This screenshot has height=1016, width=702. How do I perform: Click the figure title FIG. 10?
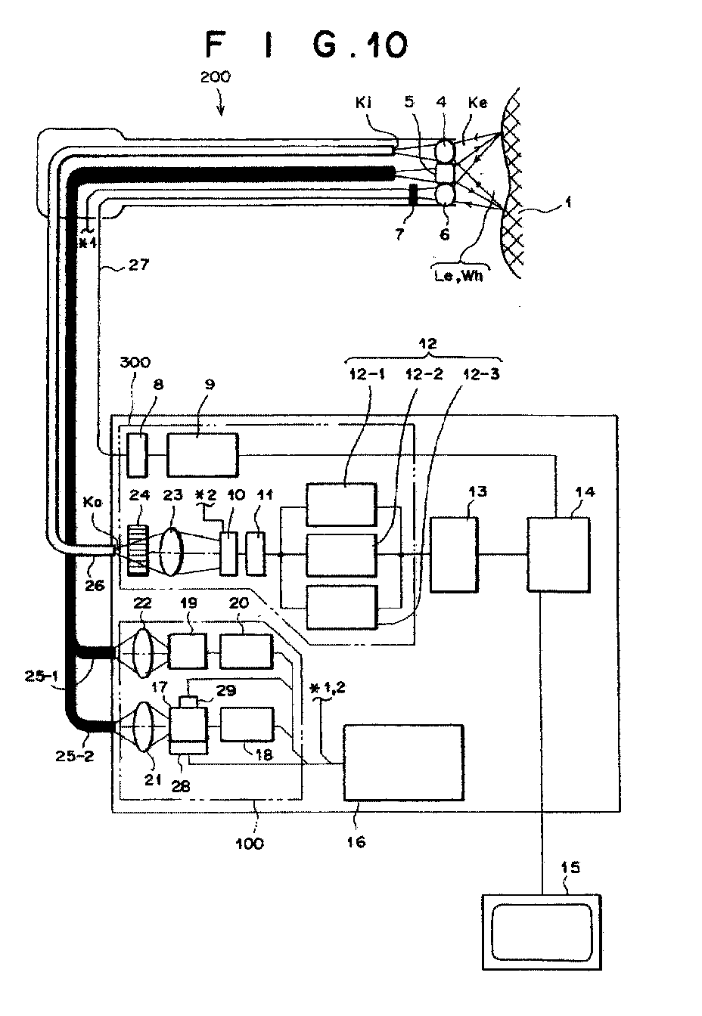[x=307, y=45]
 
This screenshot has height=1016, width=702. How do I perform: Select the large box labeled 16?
[x=403, y=762]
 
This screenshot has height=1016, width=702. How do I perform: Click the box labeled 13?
[x=454, y=554]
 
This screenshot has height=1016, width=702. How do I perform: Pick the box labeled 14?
[x=558, y=554]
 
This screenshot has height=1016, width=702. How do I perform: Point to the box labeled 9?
[x=203, y=454]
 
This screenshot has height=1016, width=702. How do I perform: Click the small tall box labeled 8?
[x=137, y=454]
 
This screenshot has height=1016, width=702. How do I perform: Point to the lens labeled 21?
[x=144, y=727]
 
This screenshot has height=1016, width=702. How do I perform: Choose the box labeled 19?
[x=187, y=652]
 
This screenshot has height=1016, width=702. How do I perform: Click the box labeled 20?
[x=247, y=652]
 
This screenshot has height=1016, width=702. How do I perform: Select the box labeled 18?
[x=247, y=724]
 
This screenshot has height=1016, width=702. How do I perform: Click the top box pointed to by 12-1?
[x=341, y=504]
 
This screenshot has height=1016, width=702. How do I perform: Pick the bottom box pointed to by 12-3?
[x=342, y=607]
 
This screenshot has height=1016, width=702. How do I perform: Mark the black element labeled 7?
[x=413, y=194]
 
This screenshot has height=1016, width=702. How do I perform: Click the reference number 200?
[x=216, y=76]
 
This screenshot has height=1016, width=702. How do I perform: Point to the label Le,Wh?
[x=458, y=275]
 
